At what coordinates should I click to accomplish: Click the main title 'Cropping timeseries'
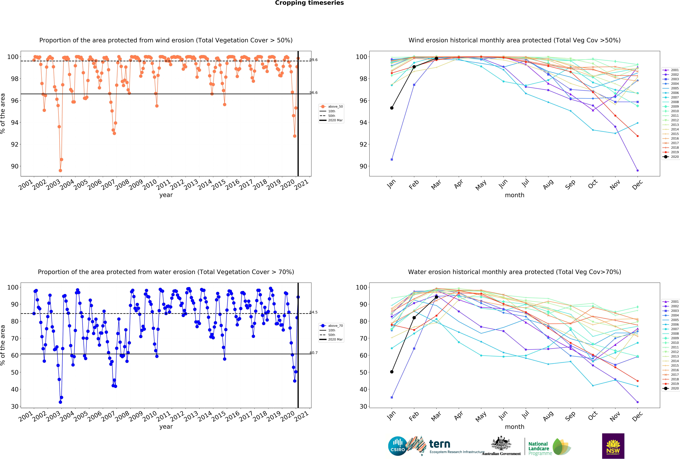tap(309, 3)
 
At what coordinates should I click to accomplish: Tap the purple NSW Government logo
tap(613, 446)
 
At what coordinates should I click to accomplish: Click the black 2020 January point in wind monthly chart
tap(392, 108)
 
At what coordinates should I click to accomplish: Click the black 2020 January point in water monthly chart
tap(392, 372)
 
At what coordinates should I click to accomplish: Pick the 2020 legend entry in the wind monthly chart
tap(671, 157)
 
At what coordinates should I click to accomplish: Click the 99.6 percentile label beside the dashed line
tap(314, 60)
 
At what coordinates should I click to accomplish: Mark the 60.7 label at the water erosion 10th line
tap(314, 353)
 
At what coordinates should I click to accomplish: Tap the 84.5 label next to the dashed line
tap(314, 312)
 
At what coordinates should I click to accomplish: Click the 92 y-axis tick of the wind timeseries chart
tap(15, 144)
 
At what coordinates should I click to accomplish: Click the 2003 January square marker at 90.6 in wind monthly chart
tap(392, 159)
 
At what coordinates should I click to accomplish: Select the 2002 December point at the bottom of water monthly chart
tap(638, 402)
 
